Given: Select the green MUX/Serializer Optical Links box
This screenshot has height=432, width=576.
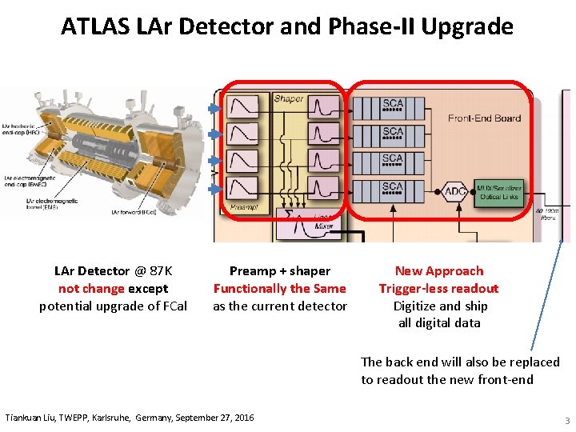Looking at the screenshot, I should click(497, 192).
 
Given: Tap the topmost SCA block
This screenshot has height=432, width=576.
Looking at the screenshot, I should click(392, 106).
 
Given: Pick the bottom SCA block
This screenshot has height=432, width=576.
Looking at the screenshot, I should click(392, 190).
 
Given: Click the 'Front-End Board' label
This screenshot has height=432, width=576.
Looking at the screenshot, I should click(484, 118).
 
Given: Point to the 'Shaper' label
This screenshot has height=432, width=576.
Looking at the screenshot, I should click(288, 98).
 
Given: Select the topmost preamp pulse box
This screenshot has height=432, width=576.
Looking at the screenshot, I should click(242, 106).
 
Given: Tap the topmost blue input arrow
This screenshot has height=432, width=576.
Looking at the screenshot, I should click(214, 108).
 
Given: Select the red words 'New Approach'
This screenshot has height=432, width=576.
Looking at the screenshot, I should click(439, 271).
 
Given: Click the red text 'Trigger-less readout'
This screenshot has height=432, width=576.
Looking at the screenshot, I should click(438, 289).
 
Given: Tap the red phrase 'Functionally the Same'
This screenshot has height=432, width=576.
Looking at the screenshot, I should click(279, 289).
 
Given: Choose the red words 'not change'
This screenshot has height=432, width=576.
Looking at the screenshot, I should click(91, 289).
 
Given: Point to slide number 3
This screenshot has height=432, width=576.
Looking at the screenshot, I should click(566, 421).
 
